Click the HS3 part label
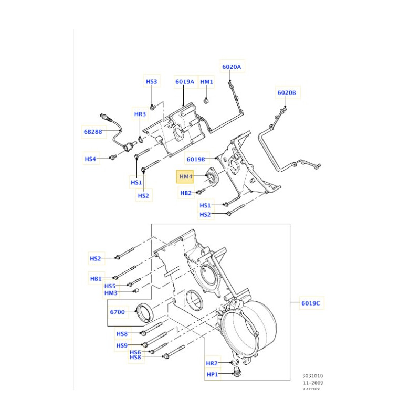[151, 82]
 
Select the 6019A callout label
[185, 82]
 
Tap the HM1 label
[207, 82]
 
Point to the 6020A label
[231, 67]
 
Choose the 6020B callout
[287, 93]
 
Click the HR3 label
[140, 114]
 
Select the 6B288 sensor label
[92, 132]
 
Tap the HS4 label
[91, 159]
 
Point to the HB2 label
[186, 193]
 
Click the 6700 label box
[117, 312]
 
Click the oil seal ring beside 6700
[145, 312]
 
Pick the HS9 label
[122, 345]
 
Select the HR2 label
[212, 363]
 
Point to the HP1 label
[212, 374]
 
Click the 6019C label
[311, 303]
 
